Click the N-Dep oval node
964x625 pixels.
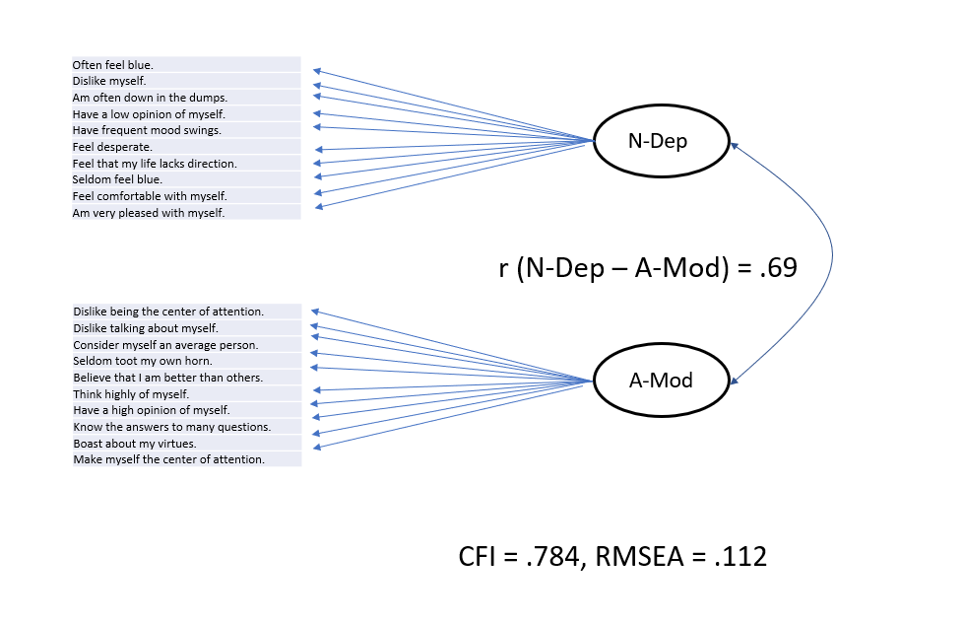coord(661,141)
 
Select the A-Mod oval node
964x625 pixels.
coord(661,381)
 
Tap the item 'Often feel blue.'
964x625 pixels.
coord(113,65)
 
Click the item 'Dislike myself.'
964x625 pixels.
coord(109,81)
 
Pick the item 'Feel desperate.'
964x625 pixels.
coord(112,147)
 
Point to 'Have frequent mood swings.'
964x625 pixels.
coord(147,130)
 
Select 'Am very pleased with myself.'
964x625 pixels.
coord(149,212)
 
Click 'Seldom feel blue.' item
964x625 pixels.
coord(117,179)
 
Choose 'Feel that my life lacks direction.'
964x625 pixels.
coord(155,164)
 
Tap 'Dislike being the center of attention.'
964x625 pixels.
coord(168,312)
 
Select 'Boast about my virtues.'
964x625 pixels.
coord(135,444)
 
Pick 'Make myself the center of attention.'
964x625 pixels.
coord(168,459)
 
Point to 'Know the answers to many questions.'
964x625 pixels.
coord(172,427)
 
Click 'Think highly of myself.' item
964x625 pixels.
coord(131,394)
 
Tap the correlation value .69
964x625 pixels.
coord(777,267)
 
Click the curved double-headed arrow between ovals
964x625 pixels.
coord(832,258)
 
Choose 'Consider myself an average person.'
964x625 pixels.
coord(165,345)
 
